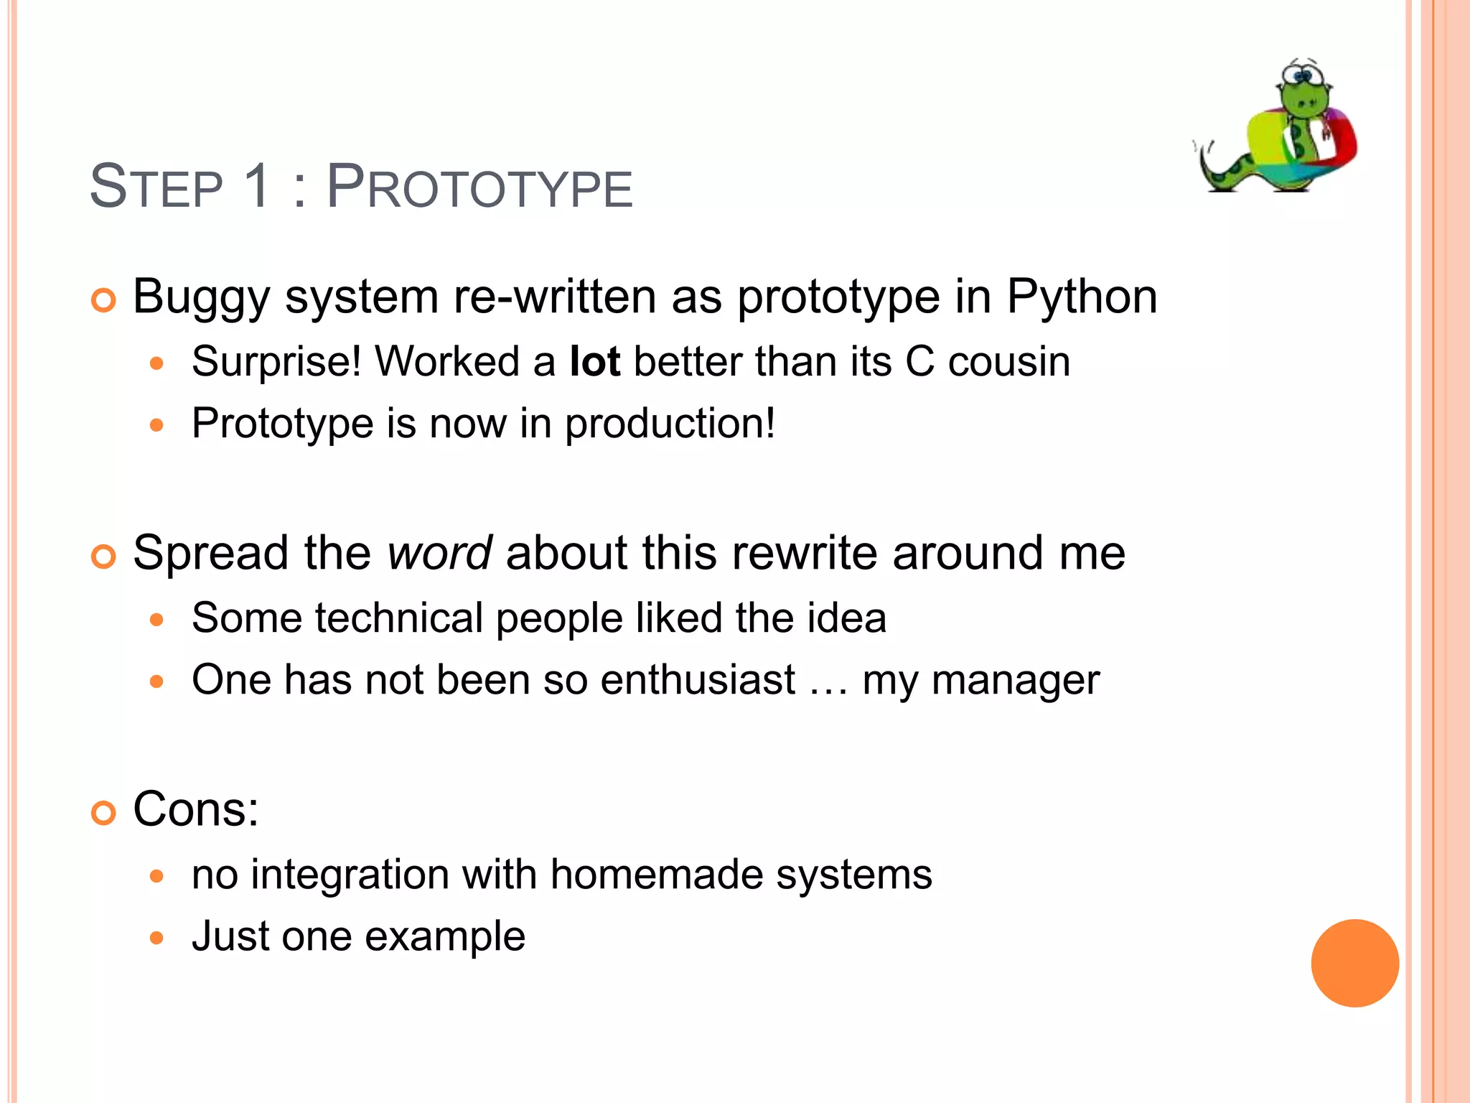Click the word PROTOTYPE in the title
tap(479, 187)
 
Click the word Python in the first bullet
tap(1082, 297)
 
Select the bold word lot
tap(594, 361)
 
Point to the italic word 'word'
tap(439, 553)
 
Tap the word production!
tap(670, 424)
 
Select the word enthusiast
tap(698, 679)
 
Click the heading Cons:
tap(195, 809)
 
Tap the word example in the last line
tap(445, 936)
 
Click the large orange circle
tap(1354, 963)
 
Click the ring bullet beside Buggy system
tap(104, 300)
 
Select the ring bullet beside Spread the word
tap(104, 557)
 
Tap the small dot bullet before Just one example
tap(157, 938)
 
